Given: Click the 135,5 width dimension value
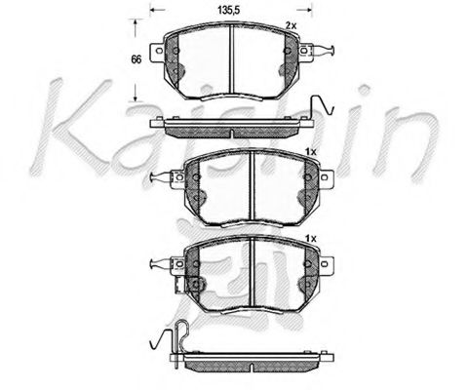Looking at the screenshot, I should [x=226, y=11].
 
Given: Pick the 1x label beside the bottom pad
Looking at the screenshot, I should [x=311, y=239].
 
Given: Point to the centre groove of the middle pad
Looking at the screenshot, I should [x=251, y=184].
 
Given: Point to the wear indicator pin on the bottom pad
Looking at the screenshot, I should [x=159, y=263].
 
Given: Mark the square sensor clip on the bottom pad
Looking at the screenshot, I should [x=193, y=285].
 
